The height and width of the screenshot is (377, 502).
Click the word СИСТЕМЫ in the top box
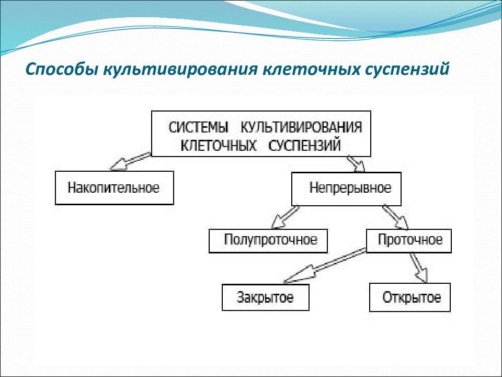tap(198, 128)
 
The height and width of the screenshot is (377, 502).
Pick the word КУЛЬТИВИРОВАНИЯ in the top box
tap(301, 128)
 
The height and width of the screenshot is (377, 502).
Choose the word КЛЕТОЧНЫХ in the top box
tap(219, 146)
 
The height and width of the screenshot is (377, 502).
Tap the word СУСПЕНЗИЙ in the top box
tap(304, 146)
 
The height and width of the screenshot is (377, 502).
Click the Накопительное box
tap(115, 188)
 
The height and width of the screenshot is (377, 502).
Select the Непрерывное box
tap(346, 189)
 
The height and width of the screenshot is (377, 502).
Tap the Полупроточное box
tap(268, 241)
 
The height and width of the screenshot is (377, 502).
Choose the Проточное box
tap(409, 241)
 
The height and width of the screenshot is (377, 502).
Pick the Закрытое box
tap(266, 297)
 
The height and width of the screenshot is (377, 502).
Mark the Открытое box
tap(410, 297)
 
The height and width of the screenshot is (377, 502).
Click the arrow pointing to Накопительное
tap(130, 161)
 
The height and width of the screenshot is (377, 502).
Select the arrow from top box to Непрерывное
tap(356, 164)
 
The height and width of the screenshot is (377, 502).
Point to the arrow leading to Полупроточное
tap(285, 217)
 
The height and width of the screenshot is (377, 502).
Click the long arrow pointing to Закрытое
tap(325, 266)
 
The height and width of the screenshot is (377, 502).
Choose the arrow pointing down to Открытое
tap(419, 268)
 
